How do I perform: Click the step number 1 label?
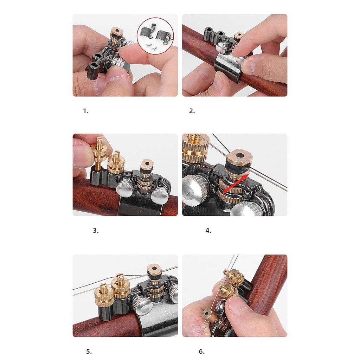(x=86, y=111)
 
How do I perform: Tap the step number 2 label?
(x=192, y=111)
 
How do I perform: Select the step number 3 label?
(x=96, y=231)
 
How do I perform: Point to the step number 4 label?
(x=208, y=231)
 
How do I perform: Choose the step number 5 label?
(x=89, y=351)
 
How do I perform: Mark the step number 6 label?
(x=201, y=351)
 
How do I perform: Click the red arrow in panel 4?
(x=236, y=183)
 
